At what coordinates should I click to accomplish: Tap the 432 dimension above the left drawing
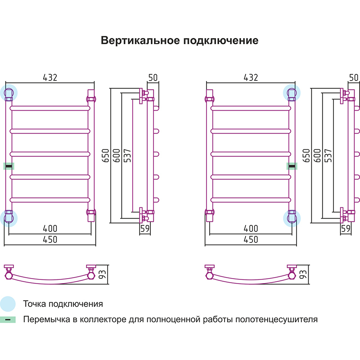pos(50,77)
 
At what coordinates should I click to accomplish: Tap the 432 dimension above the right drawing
pos(251,77)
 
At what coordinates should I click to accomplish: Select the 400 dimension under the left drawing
pos(50,229)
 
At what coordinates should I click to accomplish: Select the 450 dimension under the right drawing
pos(251,239)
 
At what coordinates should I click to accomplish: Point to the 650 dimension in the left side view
pos(106,156)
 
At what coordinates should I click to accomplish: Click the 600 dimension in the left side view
pos(117,156)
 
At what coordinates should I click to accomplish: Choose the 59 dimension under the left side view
pos(145,229)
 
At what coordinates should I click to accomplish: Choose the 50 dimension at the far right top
pos(354,77)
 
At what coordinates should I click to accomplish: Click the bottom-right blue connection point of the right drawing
pos(291,218)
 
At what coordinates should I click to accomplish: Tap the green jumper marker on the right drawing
pos(292,166)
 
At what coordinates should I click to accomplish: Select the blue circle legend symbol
pos(8,304)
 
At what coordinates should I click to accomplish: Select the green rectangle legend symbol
pos(8,320)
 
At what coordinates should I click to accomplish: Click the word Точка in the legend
pos(34,304)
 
